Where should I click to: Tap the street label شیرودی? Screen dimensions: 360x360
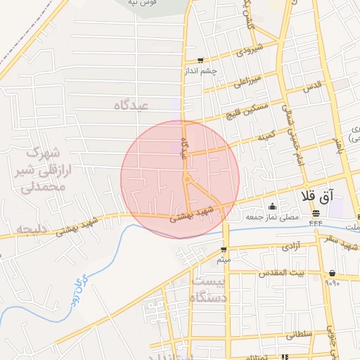click(250, 51)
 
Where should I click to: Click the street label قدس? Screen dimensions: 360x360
click(312, 87)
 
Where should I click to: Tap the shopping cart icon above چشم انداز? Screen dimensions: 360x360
click(202, 60)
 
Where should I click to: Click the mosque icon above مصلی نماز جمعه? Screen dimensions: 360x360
click(272, 207)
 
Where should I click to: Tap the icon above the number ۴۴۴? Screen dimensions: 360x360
click(316, 212)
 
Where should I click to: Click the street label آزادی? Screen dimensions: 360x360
click(291, 246)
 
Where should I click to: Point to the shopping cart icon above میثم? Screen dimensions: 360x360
click(224, 250)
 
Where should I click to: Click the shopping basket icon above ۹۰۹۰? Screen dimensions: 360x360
click(332, 274)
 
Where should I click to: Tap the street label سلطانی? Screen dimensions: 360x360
click(299, 336)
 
